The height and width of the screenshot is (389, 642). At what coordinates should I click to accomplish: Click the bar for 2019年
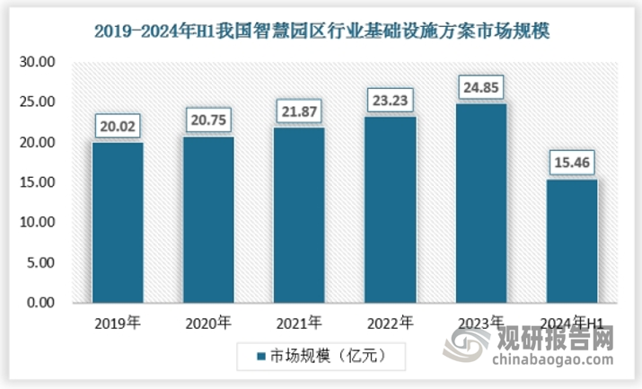(x=118, y=222)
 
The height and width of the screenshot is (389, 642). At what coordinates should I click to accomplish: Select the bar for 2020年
(x=209, y=219)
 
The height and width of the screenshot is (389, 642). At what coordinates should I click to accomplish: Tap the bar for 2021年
(x=300, y=215)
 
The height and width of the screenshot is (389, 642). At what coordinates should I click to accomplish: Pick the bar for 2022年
(x=391, y=209)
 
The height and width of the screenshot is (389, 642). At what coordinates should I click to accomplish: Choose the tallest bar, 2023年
(x=481, y=203)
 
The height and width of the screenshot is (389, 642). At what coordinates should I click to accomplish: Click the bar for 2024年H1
(x=572, y=241)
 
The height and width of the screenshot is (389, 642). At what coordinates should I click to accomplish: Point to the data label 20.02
(x=118, y=127)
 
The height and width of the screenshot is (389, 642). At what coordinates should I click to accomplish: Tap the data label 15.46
(x=572, y=164)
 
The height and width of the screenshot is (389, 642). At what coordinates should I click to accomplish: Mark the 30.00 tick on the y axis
(x=37, y=63)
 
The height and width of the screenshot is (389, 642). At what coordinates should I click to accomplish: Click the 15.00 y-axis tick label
(x=37, y=183)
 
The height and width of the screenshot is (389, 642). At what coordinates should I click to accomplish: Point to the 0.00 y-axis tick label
(x=40, y=304)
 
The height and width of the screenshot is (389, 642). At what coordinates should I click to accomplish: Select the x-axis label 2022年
(x=391, y=323)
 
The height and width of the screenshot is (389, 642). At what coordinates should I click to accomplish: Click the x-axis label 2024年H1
(x=572, y=323)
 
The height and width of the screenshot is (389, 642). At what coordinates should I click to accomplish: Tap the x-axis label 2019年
(x=118, y=323)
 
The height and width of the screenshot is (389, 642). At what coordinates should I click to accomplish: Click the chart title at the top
(x=321, y=30)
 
